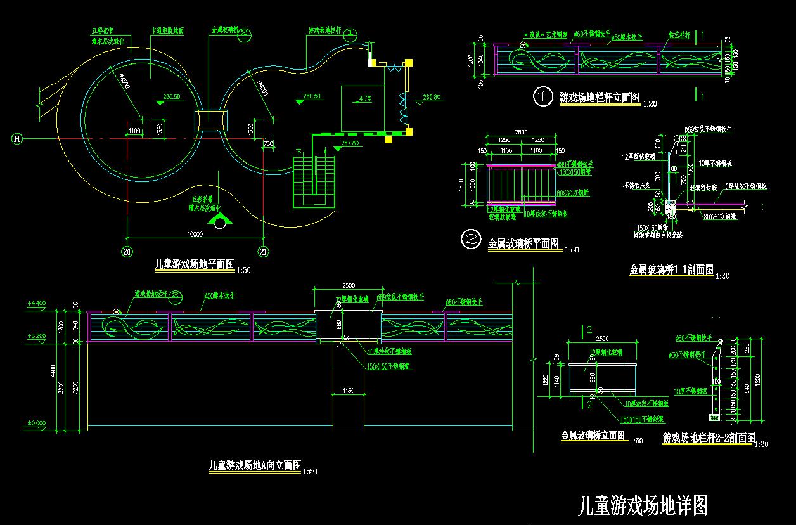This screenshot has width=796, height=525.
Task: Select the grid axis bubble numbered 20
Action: (x=127, y=252)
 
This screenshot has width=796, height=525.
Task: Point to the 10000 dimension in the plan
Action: (x=195, y=234)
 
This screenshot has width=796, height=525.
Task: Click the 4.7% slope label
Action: (x=364, y=98)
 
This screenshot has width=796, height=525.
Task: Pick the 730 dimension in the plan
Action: (x=267, y=144)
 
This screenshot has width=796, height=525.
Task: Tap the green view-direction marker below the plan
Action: (x=220, y=220)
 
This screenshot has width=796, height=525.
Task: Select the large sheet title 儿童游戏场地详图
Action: (x=643, y=505)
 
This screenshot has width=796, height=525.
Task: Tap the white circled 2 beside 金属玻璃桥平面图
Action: (x=472, y=239)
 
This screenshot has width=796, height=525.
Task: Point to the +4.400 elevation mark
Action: (x=37, y=304)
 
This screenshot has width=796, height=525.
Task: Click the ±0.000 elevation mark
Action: (x=37, y=423)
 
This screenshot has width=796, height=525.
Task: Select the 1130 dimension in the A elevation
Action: (x=348, y=391)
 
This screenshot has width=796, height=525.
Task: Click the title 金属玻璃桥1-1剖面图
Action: (x=671, y=269)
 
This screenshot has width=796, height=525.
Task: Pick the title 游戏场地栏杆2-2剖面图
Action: (x=709, y=437)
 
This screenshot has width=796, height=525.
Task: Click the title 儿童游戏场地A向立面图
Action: (x=255, y=465)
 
